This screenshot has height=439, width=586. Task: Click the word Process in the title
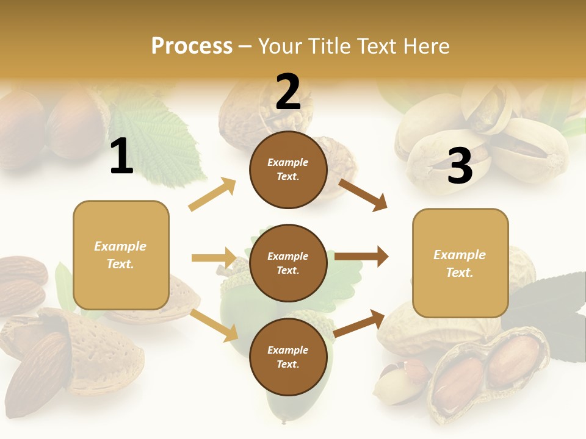point(192,46)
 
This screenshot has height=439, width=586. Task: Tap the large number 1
point(121,157)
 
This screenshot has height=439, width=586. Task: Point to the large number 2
point(288,92)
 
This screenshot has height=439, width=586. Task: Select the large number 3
point(460,166)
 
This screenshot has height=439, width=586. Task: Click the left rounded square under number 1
point(121,255)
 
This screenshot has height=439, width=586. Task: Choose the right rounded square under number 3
point(460,263)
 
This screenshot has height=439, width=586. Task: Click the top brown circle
point(288,170)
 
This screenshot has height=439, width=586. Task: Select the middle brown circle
point(288,263)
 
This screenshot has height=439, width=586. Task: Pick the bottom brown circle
point(288,357)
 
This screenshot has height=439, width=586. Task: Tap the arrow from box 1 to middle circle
point(214,258)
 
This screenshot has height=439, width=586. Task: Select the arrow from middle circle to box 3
point(361,257)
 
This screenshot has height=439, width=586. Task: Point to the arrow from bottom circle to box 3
point(360,323)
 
